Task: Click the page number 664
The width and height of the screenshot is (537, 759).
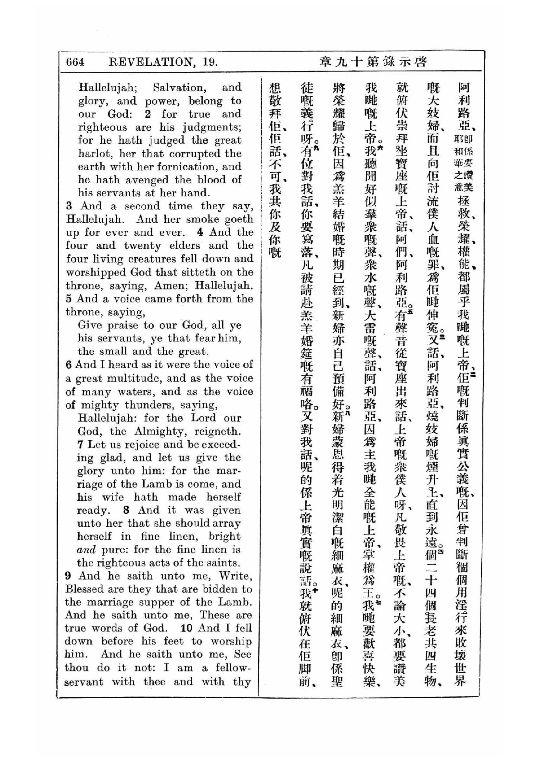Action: pyautogui.click(x=75, y=62)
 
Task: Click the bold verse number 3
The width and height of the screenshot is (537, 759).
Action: pyautogui.click(x=69, y=206)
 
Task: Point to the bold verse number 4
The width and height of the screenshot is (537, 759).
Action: pyautogui.click(x=200, y=232)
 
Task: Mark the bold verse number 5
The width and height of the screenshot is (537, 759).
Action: pyautogui.click(x=69, y=299)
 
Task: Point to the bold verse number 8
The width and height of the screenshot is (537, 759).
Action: pyautogui.click(x=126, y=510)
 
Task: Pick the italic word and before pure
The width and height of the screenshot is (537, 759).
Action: pyautogui.click(x=86, y=550)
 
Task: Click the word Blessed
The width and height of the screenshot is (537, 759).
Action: pyautogui.click(x=84, y=589)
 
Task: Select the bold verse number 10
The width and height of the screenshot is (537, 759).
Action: pyautogui.click(x=186, y=628)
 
